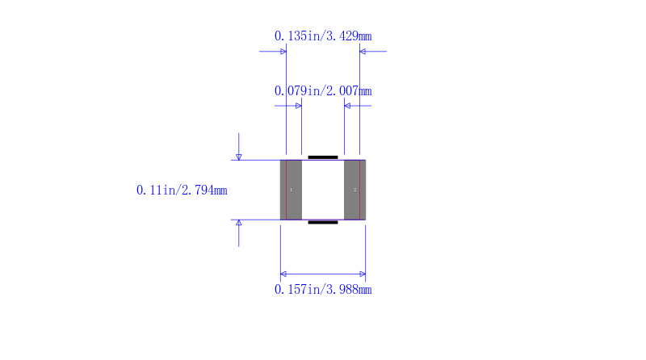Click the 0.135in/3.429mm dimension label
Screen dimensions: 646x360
(x=323, y=36)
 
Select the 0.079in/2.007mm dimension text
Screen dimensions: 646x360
(x=323, y=90)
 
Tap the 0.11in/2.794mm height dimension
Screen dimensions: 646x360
(x=182, y=190)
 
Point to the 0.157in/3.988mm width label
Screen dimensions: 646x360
(x=323, y=290)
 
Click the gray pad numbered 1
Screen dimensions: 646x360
(x=291, y=190)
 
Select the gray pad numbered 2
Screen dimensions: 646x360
(x=354, y=190)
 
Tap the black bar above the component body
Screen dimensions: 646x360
(x=323, y=157)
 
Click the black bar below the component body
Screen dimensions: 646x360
(x=323, y=223)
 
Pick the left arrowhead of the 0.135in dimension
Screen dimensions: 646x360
(x=283, y=52)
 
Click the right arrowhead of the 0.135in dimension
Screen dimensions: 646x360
(x=363, y=52)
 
